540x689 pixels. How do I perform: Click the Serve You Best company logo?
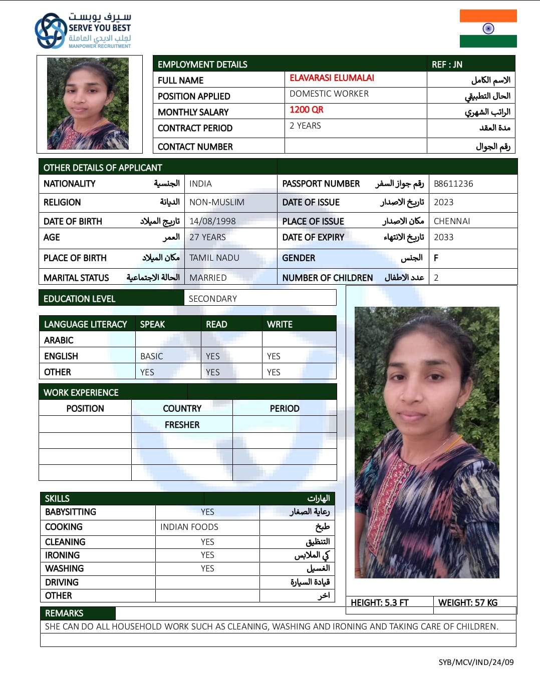(83, 31)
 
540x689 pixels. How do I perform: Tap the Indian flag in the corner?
(488, 29)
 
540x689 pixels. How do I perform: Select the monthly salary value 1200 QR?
(306, 110)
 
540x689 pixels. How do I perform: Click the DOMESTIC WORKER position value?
(329, 94)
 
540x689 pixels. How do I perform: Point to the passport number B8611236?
(453, 184)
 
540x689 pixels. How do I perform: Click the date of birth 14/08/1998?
(212, 221)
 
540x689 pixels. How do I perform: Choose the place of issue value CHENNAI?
(452, 221)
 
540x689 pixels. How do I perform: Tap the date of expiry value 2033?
(443, 237)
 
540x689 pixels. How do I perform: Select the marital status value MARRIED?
(208, 278)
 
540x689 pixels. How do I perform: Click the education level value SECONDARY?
(212, 299)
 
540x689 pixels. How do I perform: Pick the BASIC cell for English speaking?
(151, 356)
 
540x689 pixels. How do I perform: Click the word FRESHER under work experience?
(182, 425)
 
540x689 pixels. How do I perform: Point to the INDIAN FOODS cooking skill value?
(189, 527)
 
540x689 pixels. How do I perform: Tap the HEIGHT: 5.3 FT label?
(379, 602)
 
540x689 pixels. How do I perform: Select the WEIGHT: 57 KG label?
(467, 602)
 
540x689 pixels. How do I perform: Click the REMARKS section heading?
(64, 613)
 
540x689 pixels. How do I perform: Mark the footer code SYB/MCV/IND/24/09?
(476, 662)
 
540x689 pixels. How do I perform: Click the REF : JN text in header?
(447, 65)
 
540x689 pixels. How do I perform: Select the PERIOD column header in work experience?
(284, 408)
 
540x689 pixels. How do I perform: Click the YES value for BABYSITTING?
(207, 512)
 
